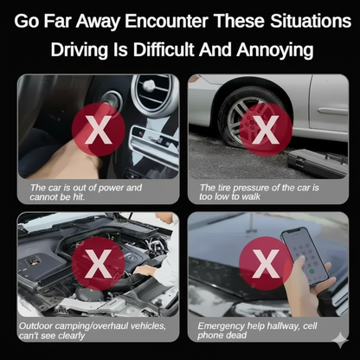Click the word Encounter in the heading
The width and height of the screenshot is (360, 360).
click(x=166, y=21)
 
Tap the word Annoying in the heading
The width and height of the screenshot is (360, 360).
click(x=275, y=50)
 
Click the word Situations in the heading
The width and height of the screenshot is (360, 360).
click(x=311, y=21)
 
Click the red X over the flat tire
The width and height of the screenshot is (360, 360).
click(x=266, y=130)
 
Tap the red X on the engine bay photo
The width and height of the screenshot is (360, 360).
click(x=98, y=264)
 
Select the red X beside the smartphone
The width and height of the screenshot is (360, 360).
click(x=266, y=264)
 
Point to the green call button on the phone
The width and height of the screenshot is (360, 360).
click(x=312, y=272)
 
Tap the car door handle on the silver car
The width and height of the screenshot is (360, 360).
click(x=332, y=112)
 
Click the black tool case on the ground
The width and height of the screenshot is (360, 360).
click(x=318, y=163)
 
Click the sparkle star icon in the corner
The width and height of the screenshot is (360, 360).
click(x=341, y=340)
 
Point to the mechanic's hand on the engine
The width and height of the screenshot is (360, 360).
click(x=145, y=270)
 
